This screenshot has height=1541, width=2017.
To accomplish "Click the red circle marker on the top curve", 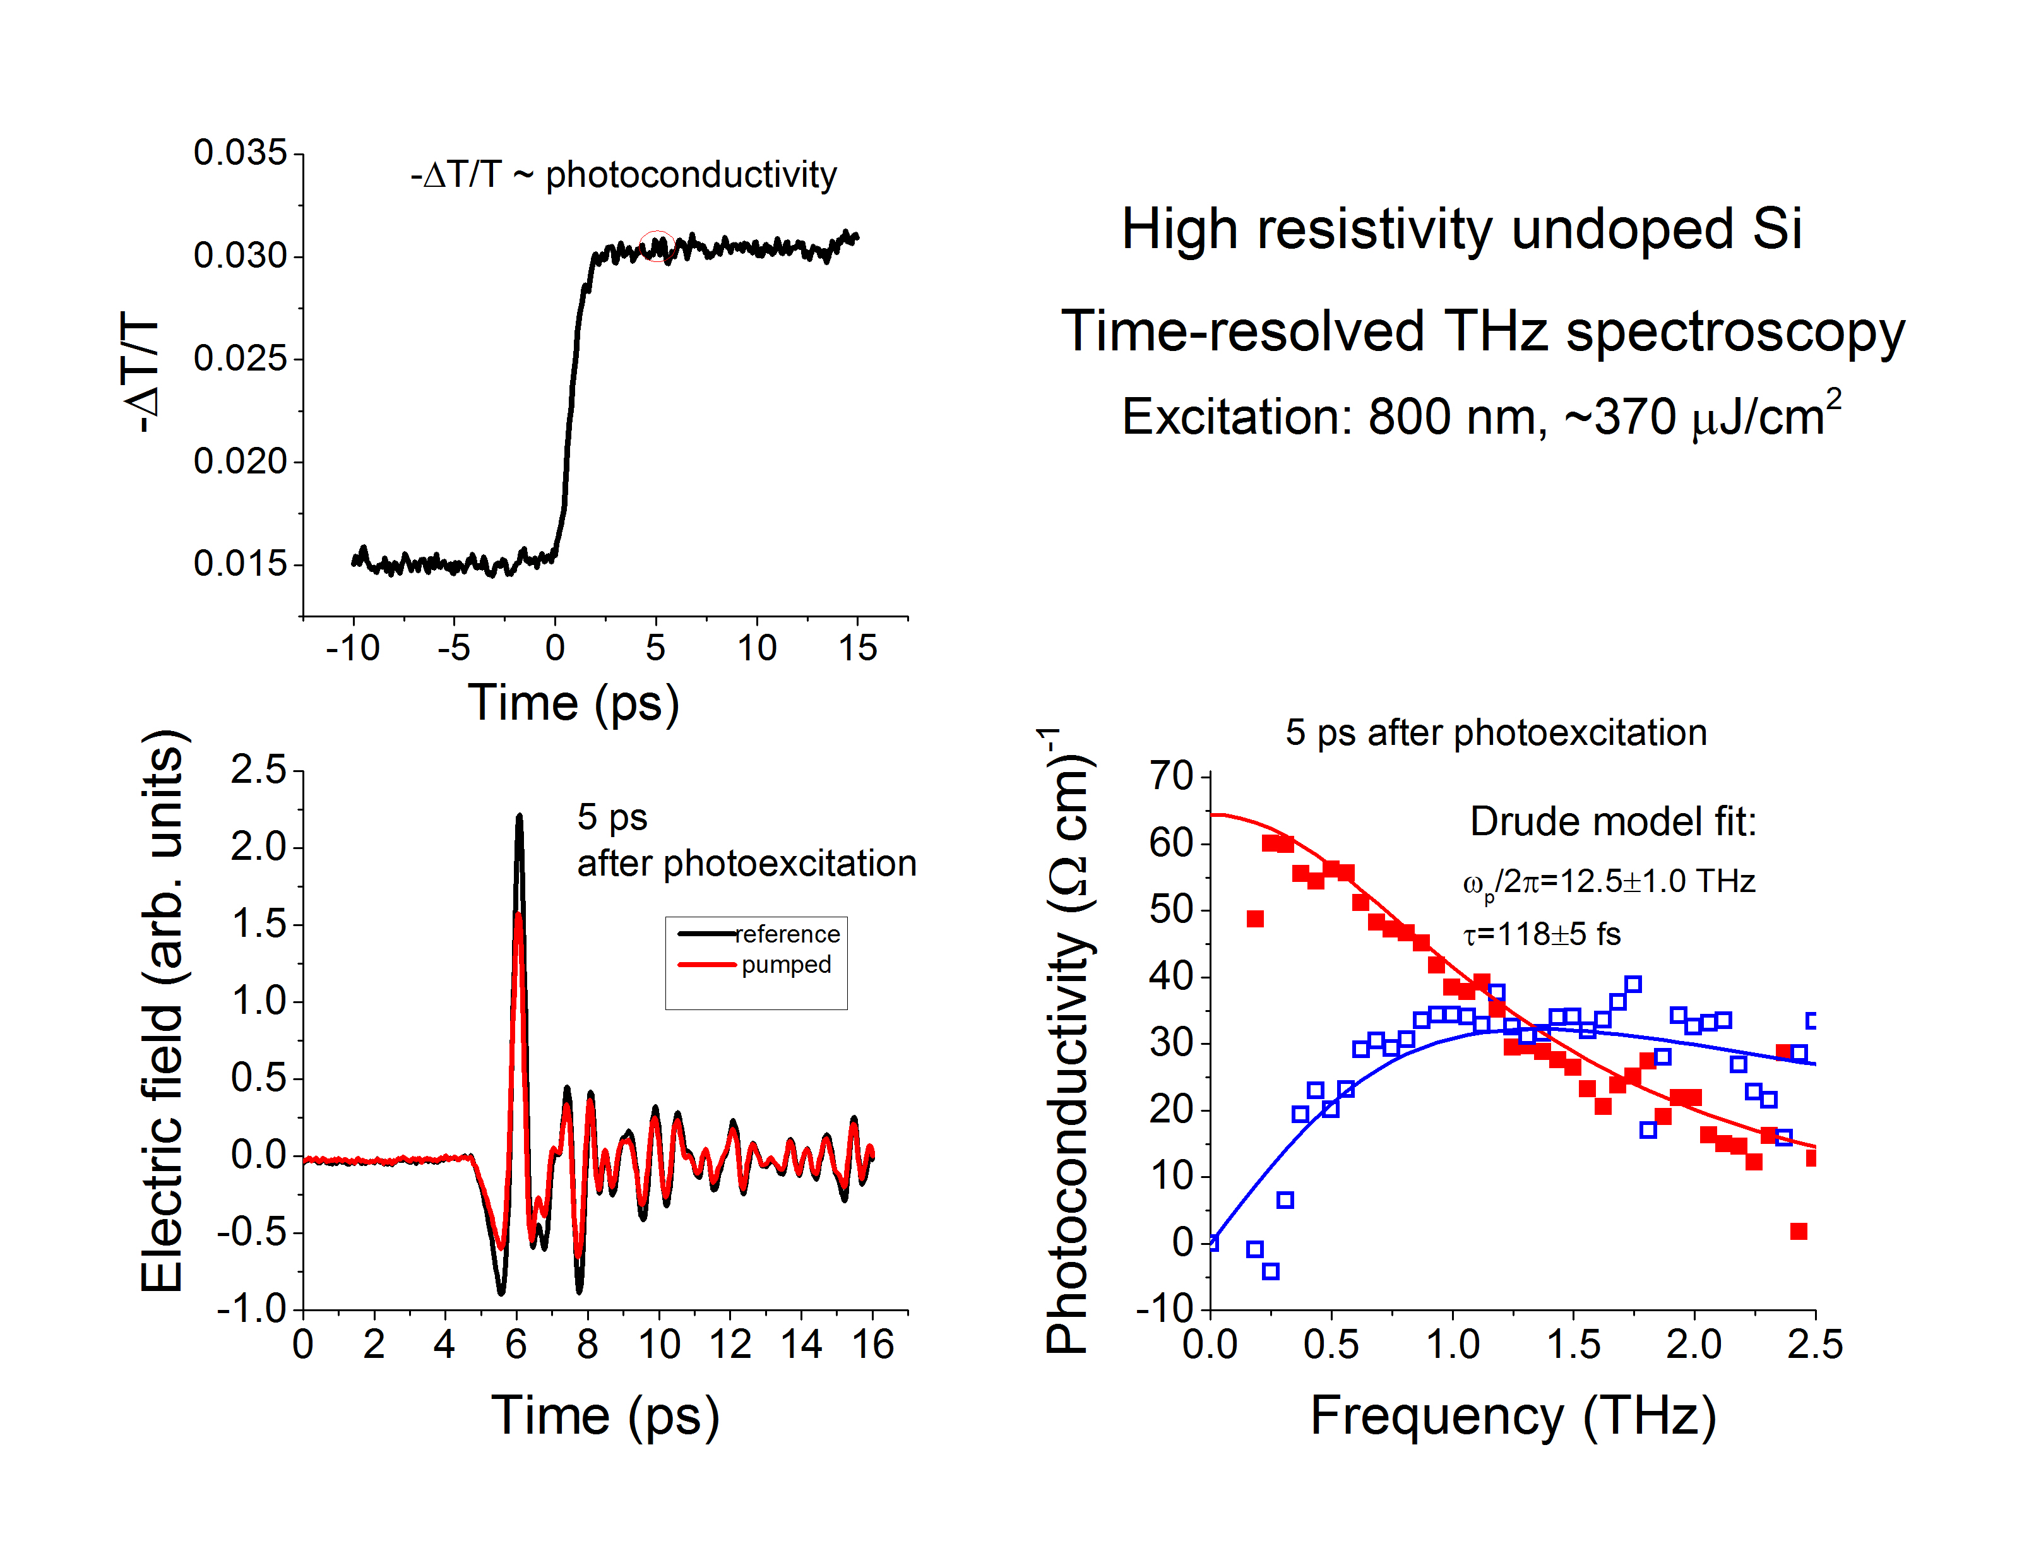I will (x=657, y=246).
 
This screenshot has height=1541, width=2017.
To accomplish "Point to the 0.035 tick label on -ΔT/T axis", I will (x=241, y=152).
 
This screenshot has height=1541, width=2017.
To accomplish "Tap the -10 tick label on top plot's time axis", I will (x=352, y=648).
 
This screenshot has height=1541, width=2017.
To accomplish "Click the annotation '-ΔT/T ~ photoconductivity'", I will (x=624, y=174).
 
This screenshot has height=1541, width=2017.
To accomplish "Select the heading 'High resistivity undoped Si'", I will (x=1461, y=229).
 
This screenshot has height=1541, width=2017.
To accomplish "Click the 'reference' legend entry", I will (x=787, y=934).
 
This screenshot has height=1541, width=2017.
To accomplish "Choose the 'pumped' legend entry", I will (x=786, y=965).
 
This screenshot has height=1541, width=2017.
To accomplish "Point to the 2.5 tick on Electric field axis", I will (x=259, y=770).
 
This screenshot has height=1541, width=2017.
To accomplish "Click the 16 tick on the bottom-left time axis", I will (x=872, y=1345).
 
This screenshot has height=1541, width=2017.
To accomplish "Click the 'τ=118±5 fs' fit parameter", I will (x=1542, y=934).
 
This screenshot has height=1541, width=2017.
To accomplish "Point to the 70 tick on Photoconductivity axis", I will (x=1170, y=776).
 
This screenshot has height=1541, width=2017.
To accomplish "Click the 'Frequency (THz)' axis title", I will (x=1513, y=1415).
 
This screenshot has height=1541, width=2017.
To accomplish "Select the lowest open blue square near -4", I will (x=1270, y=1271).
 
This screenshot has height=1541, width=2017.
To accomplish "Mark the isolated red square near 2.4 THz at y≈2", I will (x=1799, y=1231).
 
